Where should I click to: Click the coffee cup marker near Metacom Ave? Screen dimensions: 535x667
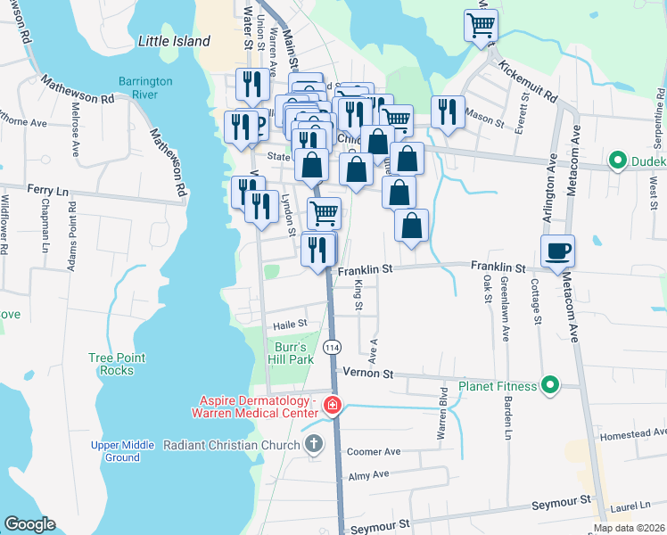(x=557, y=251)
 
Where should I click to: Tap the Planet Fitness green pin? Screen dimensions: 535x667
(x=550, y=386)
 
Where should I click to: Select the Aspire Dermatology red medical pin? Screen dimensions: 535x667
(x=332, y=406)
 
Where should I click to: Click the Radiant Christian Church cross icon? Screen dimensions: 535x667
(x=313, y=444)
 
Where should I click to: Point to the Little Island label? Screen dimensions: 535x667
(x=175, y=41)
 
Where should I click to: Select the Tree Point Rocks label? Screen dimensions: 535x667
(x=117, y=364)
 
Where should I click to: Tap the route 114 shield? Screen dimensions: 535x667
(x=332, y=346)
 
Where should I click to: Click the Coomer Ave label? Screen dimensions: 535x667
(x=374, y=451)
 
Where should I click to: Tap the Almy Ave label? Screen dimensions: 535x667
(x=368, y=475)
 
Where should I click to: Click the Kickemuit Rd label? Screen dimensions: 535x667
(x=528, y=80)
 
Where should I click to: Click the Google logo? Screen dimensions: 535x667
(x=29, y=523)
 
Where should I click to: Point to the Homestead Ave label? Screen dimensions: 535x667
(x=632, y=435)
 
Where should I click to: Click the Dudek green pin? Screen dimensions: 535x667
(x=615, y=161)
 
